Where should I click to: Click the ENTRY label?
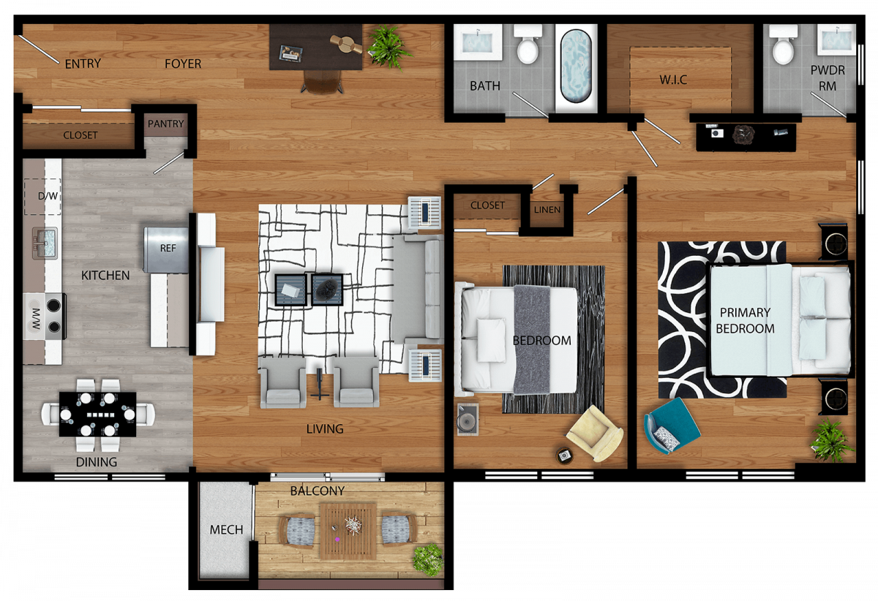pos(83,64)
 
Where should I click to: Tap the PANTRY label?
pos(165,124)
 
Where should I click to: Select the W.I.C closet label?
pos(673,80)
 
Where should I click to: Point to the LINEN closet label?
pos(547,210)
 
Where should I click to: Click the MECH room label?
pos(226,529)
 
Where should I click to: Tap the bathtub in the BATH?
pos(576,67)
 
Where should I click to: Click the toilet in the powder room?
pos(783,45)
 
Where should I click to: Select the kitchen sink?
pos(45,243)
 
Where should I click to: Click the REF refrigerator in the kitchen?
pos(166,249)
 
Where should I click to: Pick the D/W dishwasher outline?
pos(42,196)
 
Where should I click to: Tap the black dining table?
pos(97,414)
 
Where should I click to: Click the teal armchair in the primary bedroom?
pos(672,426)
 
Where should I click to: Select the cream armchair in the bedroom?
pos(595,434)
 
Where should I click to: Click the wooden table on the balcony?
pos(348,532)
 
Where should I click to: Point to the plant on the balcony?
pos(429,559)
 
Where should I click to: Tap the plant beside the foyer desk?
pos(389,47)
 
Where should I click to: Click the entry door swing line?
pos(39,50)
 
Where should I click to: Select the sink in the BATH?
pos(477,42)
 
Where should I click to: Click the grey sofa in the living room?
pos(418,289)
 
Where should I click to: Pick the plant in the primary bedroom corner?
pos(831,440)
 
